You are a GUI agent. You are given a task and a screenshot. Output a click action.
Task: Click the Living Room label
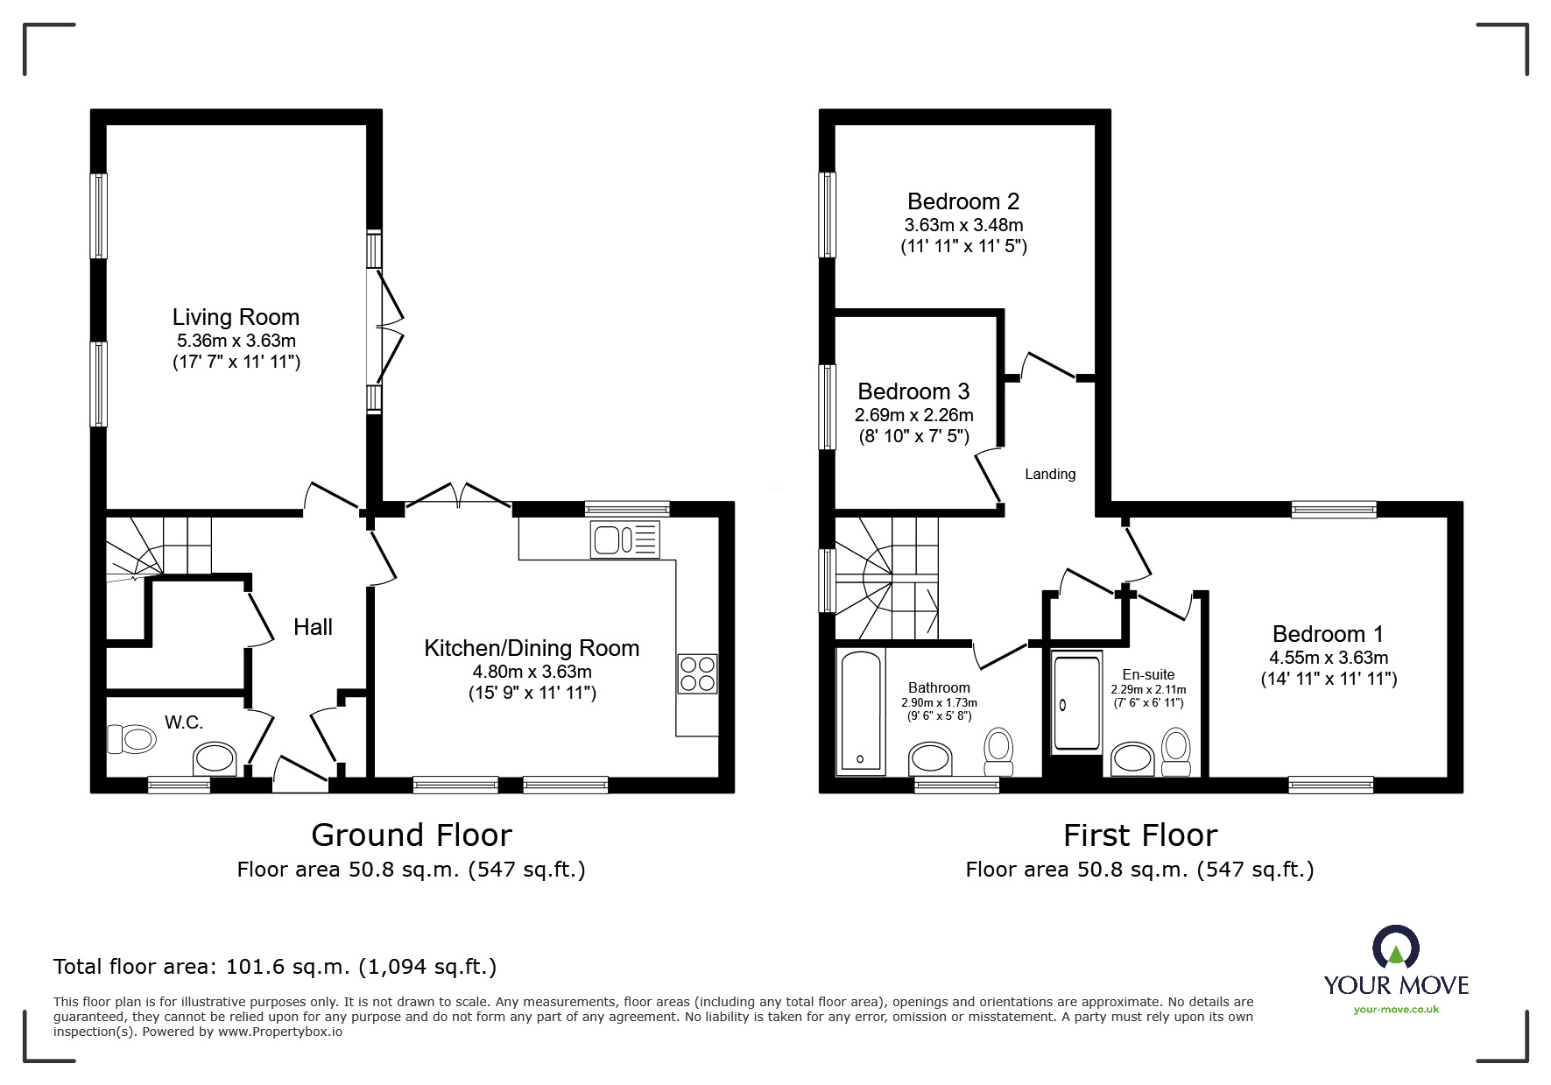tap(236, 317)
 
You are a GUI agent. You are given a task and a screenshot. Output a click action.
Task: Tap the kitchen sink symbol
tap(625, 539)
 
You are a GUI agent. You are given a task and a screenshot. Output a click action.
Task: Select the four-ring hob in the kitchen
tap(697, 673)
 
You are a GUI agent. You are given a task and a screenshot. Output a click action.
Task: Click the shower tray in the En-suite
tap(1076, 703)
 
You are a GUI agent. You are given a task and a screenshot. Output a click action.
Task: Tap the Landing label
tap(1050, 474)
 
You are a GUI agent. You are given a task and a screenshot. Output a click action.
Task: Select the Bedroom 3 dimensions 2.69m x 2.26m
tap(913, 415)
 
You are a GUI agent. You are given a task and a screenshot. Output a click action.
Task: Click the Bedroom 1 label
tap(1328, 633)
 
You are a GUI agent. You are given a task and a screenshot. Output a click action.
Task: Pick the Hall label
tap(313, 627)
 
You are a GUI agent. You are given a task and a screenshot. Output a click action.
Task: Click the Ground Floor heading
tap(411, 835)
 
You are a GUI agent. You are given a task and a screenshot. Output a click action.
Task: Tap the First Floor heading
tap(1139, 835)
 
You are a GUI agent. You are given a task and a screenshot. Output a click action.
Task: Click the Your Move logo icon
tap(1395, 948)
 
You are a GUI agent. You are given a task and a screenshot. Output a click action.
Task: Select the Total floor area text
tap(275, 967)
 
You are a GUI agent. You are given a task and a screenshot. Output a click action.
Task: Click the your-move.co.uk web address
tap(1396, 1010)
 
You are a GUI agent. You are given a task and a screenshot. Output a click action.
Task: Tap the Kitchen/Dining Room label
tap(532, 648)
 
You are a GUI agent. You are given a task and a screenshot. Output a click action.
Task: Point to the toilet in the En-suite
tap(1176, 752)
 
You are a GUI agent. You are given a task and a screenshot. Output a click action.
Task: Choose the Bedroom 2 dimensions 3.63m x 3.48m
tap(963, 225)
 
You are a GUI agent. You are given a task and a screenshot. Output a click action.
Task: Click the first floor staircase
tap(885, 578)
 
